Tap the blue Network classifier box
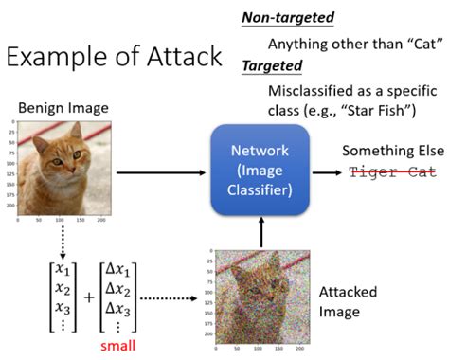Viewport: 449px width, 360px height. pyautogui.click(x=259, y=173)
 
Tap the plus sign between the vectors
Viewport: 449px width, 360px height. pyautogui.click(x=89, y=296)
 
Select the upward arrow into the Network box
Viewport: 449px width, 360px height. pyautogui.click(x=260, y=231)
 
